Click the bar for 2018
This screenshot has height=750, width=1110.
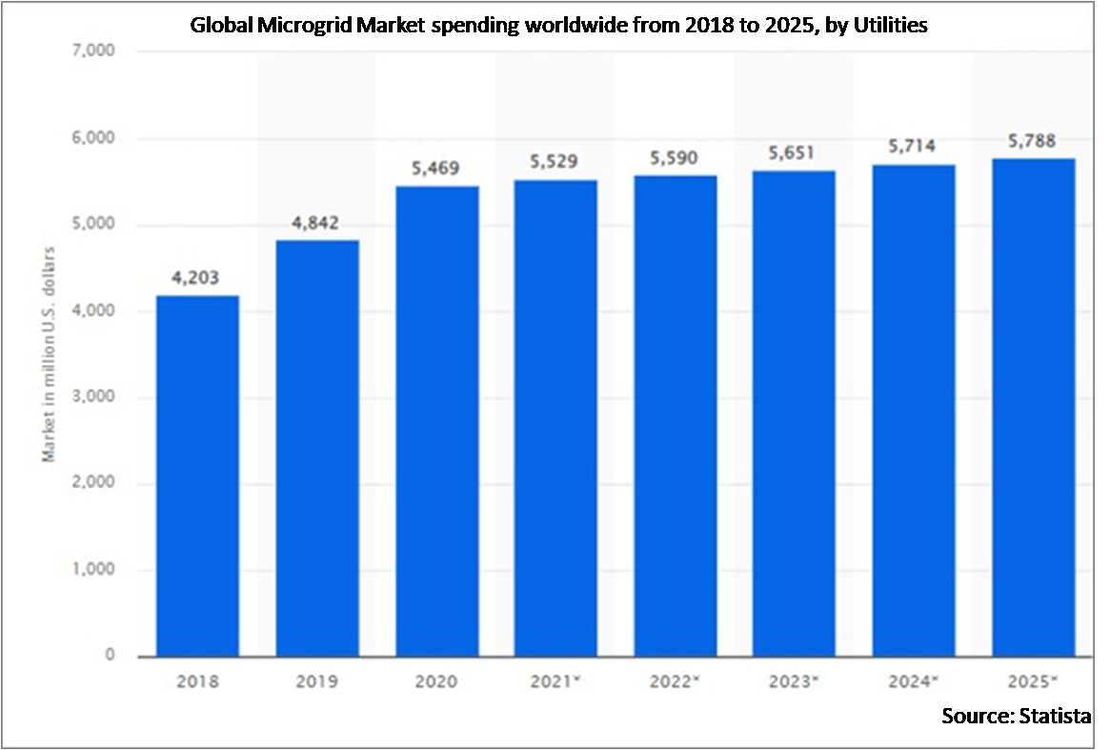198,476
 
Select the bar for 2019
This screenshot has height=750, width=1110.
317,448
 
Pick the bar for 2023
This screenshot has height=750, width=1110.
795,414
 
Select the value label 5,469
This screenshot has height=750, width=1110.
436,169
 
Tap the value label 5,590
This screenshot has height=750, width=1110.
676,159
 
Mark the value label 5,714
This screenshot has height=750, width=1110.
914,147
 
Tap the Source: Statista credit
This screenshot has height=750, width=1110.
1016,715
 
